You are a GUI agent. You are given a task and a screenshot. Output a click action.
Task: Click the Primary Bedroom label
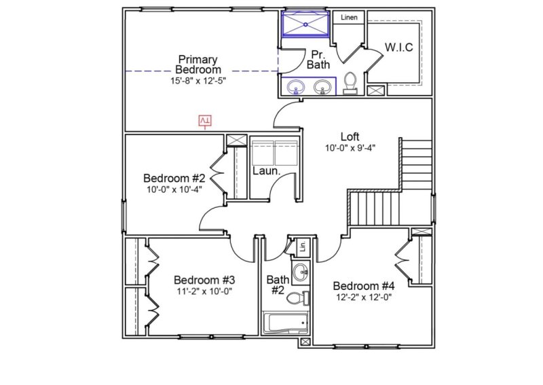(x=198, y=65)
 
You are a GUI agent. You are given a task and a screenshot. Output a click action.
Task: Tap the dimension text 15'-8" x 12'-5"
(x=198, y=80)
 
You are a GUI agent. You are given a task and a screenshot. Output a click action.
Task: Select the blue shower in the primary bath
(x=305, y=25)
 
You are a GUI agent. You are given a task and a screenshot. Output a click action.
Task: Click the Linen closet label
(x=349, y=18)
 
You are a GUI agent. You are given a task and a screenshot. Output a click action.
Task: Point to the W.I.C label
(x=398, y=47)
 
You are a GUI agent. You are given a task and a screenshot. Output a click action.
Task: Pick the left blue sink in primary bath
(x=296, y=87)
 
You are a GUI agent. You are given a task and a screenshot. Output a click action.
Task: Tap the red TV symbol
(x=205, y=121)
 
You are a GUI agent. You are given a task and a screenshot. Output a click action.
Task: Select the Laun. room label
(x=267, y=171)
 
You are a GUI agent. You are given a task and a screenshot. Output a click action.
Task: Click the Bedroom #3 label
(x=204, y=280)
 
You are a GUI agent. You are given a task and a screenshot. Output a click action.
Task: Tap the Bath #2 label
(x=277, y=285)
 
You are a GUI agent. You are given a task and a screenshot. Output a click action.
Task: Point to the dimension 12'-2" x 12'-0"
(x=364, y=297)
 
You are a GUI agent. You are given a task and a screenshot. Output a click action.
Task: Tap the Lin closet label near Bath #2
(x=303, y=247)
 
